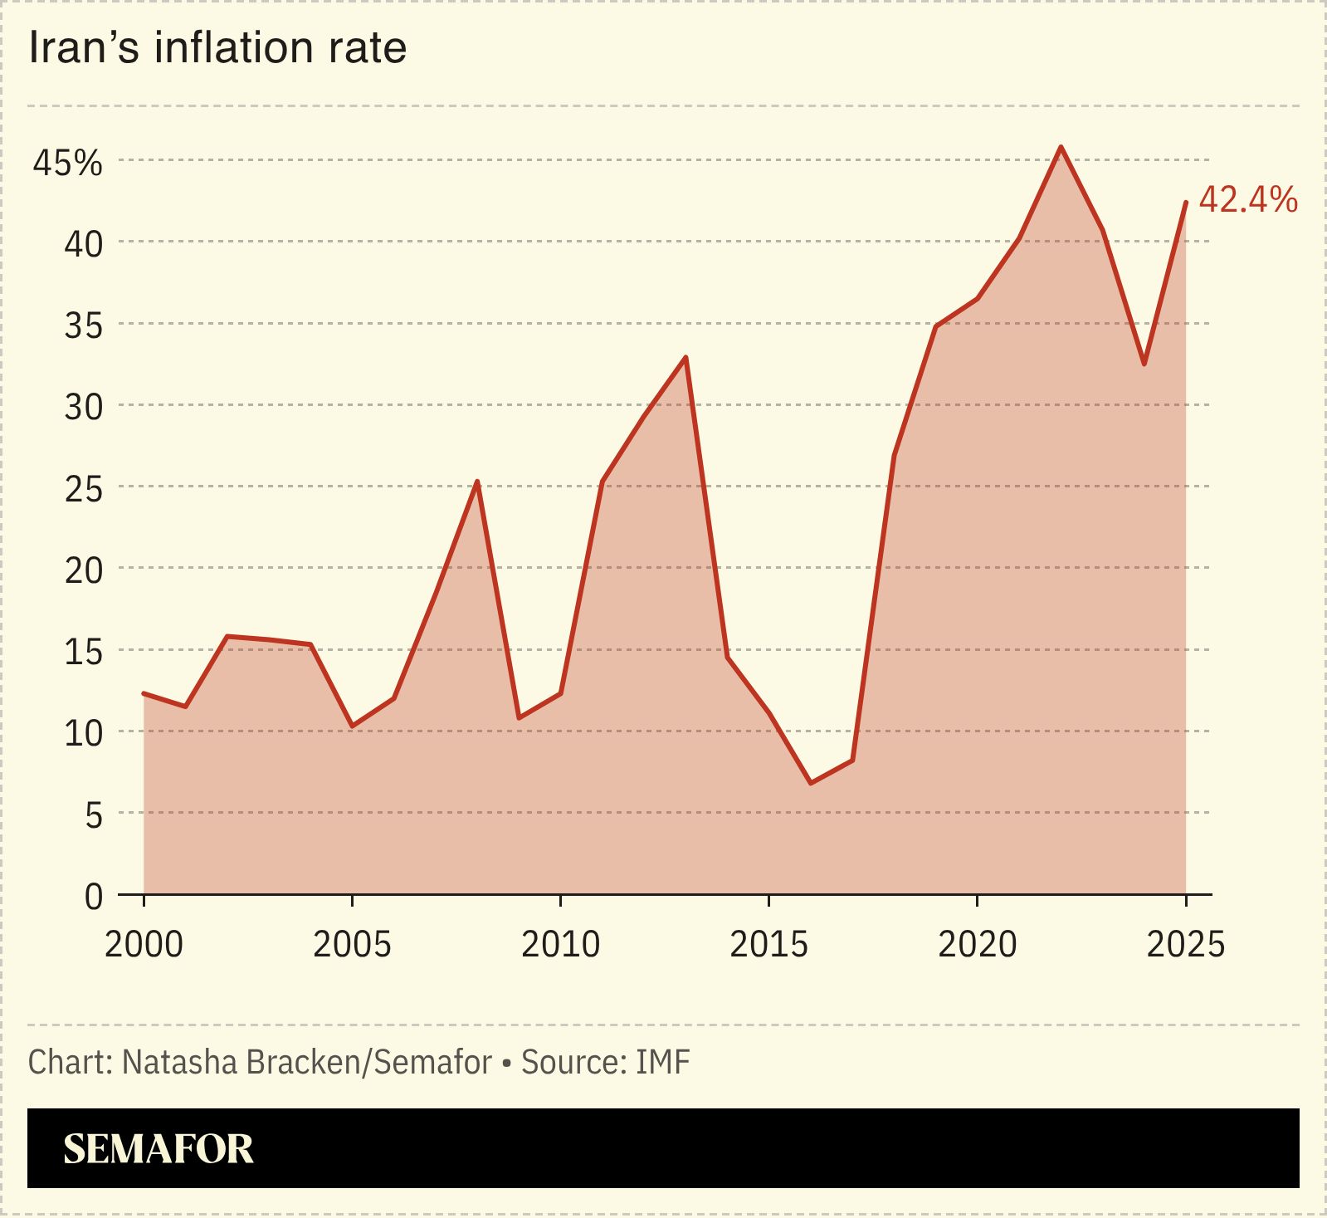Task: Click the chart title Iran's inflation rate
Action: click(x=217, y=48)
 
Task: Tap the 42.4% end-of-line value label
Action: click(x=1247, y=200)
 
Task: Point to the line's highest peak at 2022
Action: click(x=1061, y=147)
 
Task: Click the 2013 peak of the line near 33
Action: click(x=685, y=358)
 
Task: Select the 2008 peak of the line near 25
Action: click(x=477, y=482)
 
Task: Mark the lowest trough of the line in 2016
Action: click(x=811, y=783)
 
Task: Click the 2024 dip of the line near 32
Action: click(x=1144, y=364)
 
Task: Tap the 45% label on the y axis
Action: click(x=68, y=164)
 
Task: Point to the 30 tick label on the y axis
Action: click(x=84, y=407)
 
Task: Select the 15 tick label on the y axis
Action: click(x=84, y=652)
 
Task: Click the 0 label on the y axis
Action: click(x=94, y=897)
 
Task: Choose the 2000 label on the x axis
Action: click(x=144, y=945)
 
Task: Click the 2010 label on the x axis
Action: click(x=560, y=945)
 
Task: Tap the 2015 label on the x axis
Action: click(x=768, y=945)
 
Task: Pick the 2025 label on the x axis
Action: click(x=1185, y=945)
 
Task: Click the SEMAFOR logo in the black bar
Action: click(x=158, y=1149)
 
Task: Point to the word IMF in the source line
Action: click(x=663, y=1063)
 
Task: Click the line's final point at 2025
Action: click(x=1185, y=203)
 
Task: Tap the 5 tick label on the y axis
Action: click(x=94, y=815)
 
